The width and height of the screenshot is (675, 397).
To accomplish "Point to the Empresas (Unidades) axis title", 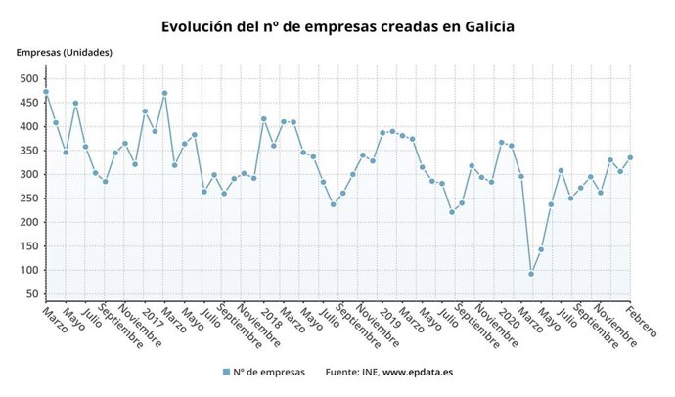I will (x=64, y=52).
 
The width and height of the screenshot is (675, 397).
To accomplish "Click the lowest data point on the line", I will (x=531, y=274).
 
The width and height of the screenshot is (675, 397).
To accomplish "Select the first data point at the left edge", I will (x=45, y=92).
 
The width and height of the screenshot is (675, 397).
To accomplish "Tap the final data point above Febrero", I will (x=630, y=157).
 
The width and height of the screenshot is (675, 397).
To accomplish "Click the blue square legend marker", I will (x=226, y=372).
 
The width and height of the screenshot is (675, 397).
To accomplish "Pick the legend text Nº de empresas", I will (x=270, y=372).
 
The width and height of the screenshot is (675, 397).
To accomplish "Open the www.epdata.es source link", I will (x=412, y=372).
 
